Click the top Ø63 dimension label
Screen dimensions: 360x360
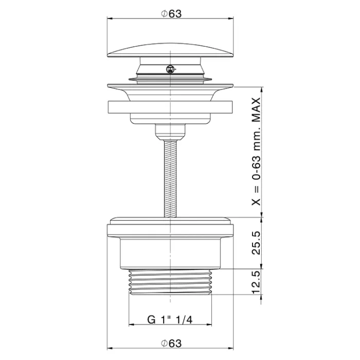pos(171,14)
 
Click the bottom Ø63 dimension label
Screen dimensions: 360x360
pos(171,344)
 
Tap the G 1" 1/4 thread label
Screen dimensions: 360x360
pos(170,319)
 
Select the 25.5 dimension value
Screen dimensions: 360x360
pos(256,243)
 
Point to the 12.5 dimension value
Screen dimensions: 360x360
pos(256,282)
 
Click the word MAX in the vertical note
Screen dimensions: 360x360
pos(256,110)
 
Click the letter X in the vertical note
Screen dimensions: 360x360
pos(256,202)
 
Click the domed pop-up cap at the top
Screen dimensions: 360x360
pos(170,50)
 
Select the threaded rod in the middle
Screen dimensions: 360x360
pos(170,179)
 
